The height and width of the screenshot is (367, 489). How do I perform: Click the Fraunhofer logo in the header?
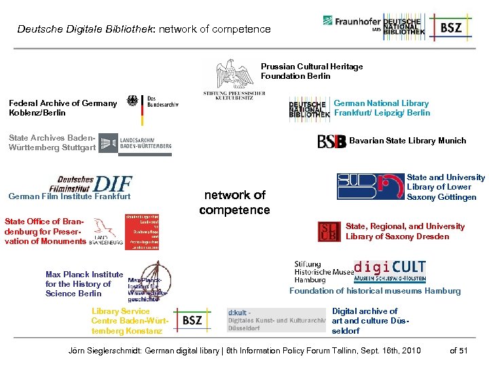350,22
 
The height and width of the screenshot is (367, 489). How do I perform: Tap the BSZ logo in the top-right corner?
452,27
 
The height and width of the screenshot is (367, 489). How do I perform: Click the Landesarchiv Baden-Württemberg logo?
136,142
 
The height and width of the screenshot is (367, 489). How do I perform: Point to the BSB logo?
331,141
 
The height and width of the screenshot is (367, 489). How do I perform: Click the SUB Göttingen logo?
370,186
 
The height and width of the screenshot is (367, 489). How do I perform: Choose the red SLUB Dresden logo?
329,232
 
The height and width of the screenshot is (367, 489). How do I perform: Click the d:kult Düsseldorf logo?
276,319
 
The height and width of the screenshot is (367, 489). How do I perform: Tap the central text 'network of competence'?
234,203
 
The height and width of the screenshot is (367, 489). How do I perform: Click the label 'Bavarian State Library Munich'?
407,141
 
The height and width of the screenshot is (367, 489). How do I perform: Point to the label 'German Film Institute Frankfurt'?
69,197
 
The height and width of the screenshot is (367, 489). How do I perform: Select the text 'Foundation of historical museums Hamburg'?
375,291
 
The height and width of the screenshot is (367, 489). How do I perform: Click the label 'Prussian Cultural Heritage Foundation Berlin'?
312,71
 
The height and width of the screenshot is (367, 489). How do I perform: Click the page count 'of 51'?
459,351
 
